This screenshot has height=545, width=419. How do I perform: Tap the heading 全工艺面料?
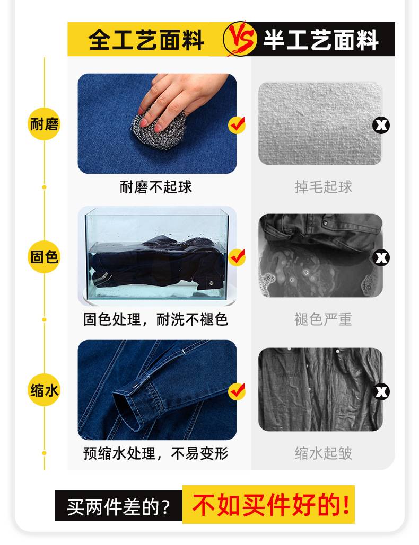146,40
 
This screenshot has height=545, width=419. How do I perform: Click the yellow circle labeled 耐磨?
44,125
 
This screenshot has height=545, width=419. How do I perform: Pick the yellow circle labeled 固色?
44,257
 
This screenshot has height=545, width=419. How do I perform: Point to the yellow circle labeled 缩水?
44,391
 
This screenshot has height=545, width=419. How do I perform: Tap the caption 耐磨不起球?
156,187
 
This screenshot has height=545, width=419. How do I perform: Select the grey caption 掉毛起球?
324,187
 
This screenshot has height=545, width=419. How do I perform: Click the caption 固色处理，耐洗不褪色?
156,319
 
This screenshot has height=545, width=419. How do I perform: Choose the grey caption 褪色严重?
324,319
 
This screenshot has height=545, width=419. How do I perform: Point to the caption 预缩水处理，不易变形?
156,453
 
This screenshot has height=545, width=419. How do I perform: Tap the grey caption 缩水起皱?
324,453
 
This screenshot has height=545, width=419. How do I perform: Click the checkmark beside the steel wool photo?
237,125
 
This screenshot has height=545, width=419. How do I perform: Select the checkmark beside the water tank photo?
237,257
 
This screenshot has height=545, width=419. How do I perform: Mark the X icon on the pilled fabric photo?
381,125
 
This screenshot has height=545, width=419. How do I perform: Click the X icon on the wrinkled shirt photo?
381,391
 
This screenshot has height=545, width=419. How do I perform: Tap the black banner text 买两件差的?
118,507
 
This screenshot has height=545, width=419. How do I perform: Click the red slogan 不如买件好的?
269,505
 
